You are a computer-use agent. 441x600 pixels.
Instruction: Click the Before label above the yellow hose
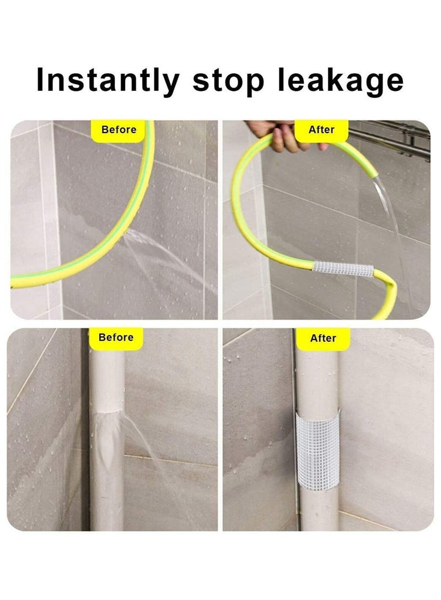coord(119,130)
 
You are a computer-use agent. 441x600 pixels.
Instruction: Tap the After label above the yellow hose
coord(322,130)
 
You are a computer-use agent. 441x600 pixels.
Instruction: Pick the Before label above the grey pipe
coord(116,337)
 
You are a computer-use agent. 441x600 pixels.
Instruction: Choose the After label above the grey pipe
coord(323,338)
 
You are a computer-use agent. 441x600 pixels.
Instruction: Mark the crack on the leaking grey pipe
coord(107,412)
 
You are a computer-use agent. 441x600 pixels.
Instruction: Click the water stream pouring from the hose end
coord(389,220)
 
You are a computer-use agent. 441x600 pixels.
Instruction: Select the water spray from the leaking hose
coord(160,253)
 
